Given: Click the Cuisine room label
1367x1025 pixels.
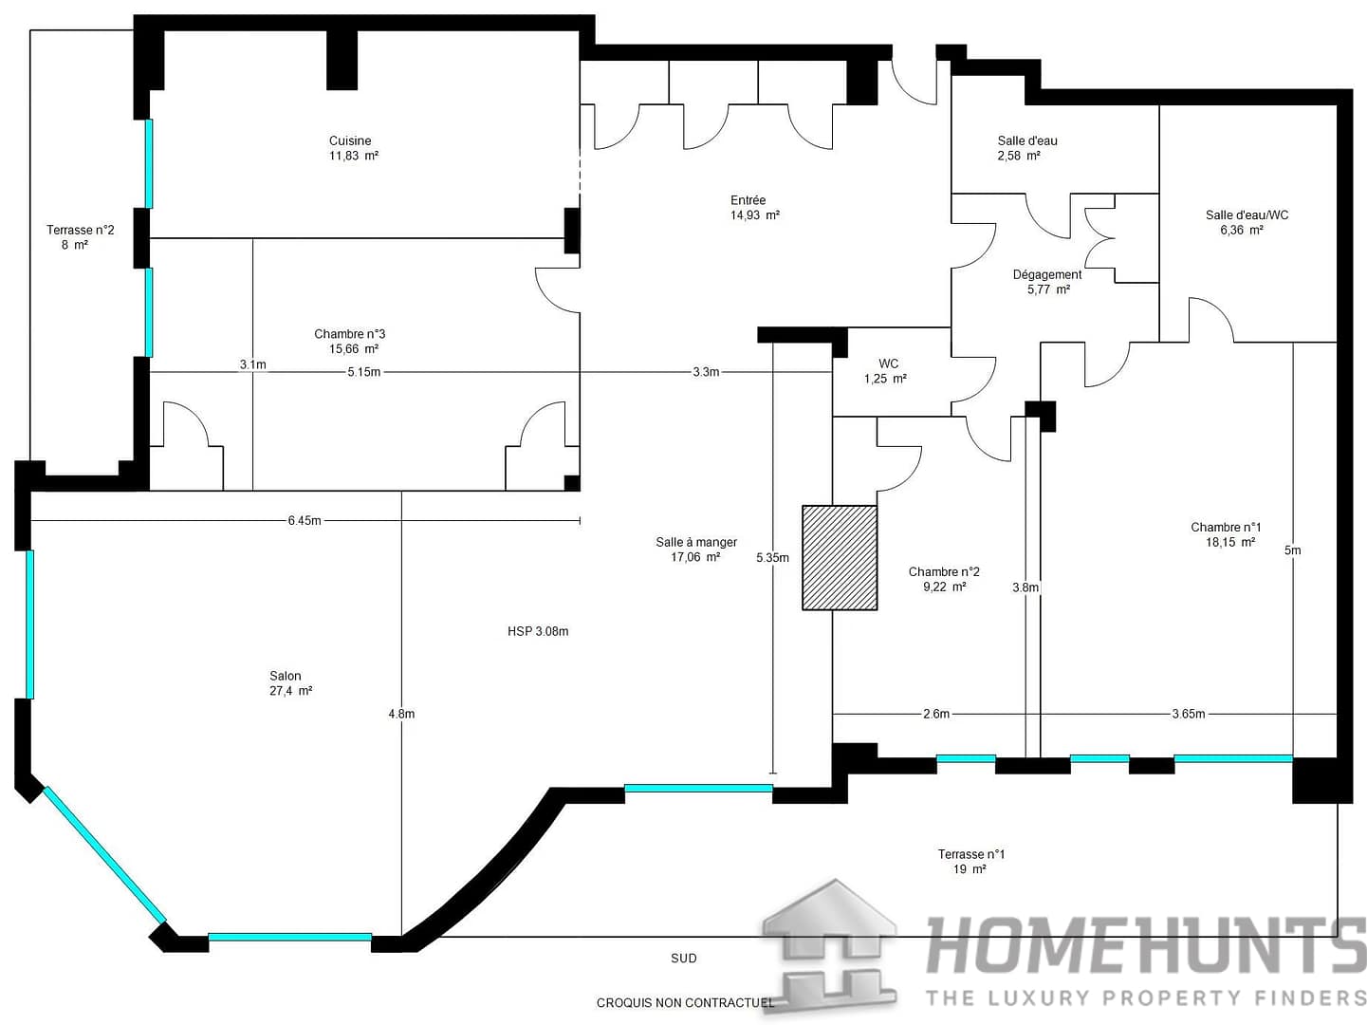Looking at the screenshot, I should click(350, 141).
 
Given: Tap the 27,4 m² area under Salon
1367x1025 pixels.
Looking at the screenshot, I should click(290, 691).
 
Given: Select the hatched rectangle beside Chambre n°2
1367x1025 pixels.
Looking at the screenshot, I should click(840, 557).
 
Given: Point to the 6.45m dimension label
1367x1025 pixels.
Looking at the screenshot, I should click(305, 520).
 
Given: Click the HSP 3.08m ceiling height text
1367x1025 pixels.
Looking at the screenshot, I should click(538, 631).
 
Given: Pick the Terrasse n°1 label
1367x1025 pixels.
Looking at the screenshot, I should click(970, 854).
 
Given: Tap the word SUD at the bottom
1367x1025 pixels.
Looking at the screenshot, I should click(683, 959).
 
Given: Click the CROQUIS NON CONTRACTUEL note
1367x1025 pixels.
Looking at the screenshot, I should click(685, 1002).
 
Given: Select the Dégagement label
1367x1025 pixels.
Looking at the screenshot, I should click(1047, 275).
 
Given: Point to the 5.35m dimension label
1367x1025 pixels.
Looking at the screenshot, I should click(772, 558).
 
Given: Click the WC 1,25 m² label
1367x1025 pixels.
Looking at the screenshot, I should click(886, 371).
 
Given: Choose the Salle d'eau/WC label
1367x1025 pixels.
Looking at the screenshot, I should click(1247, 215).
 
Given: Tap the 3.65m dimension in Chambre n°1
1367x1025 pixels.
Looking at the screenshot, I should click(1188, 714).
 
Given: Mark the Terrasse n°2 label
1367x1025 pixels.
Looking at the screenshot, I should click(81, 231).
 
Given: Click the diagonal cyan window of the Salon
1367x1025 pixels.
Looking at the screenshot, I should click(104, 854).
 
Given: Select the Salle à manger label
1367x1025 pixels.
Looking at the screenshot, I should click(696, 543).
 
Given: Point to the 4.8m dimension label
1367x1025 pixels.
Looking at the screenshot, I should click(401, 714).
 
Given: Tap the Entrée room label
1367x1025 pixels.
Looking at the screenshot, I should click(748, 200).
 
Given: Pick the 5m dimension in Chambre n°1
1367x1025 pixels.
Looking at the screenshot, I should click(1292, 550).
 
